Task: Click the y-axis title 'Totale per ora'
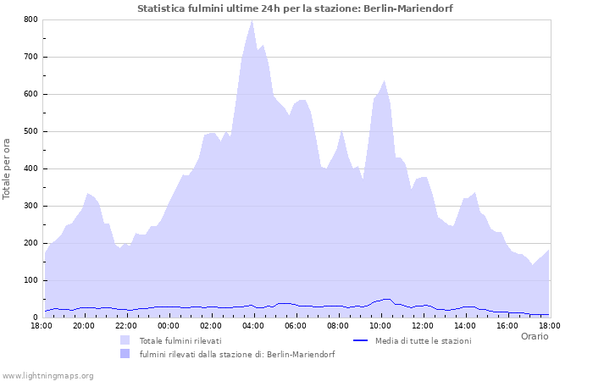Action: click(8, 168)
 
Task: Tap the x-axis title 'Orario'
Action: click(535, 336)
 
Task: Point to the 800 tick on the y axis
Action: click(30, 19)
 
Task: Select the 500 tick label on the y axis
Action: click(30, 131)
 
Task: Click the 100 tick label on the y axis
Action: click(30, 280)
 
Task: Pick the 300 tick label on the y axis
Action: click(30, 206)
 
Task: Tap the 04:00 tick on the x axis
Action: click(252, 325)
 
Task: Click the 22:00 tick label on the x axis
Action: click(125, 325)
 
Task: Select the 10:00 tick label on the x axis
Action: click(380, 325)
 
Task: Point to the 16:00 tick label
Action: click(507, 325)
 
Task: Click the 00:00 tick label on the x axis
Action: click(168, 325)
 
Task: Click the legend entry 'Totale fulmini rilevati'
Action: click(180, 340)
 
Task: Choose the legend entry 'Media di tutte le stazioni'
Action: click(423, 340)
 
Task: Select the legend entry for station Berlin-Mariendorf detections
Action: click(236, 355)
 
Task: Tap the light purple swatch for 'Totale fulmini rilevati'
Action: click(125, 340)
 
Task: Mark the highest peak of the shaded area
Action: click(252, 21)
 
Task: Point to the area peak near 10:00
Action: click(385, 81)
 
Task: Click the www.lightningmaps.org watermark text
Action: click(47, 375)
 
